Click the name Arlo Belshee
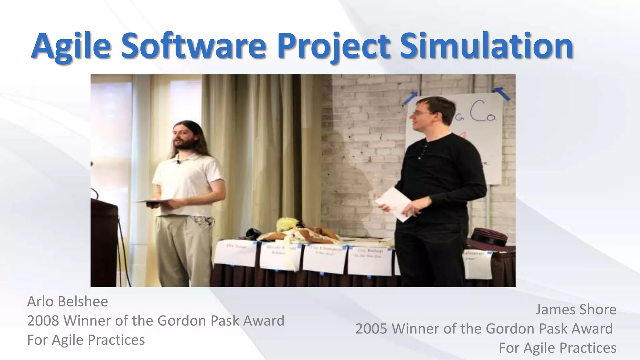click(x=67, y=302)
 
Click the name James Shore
click(x=576, y=310)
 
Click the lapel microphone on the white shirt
click(x=178, y=162)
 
